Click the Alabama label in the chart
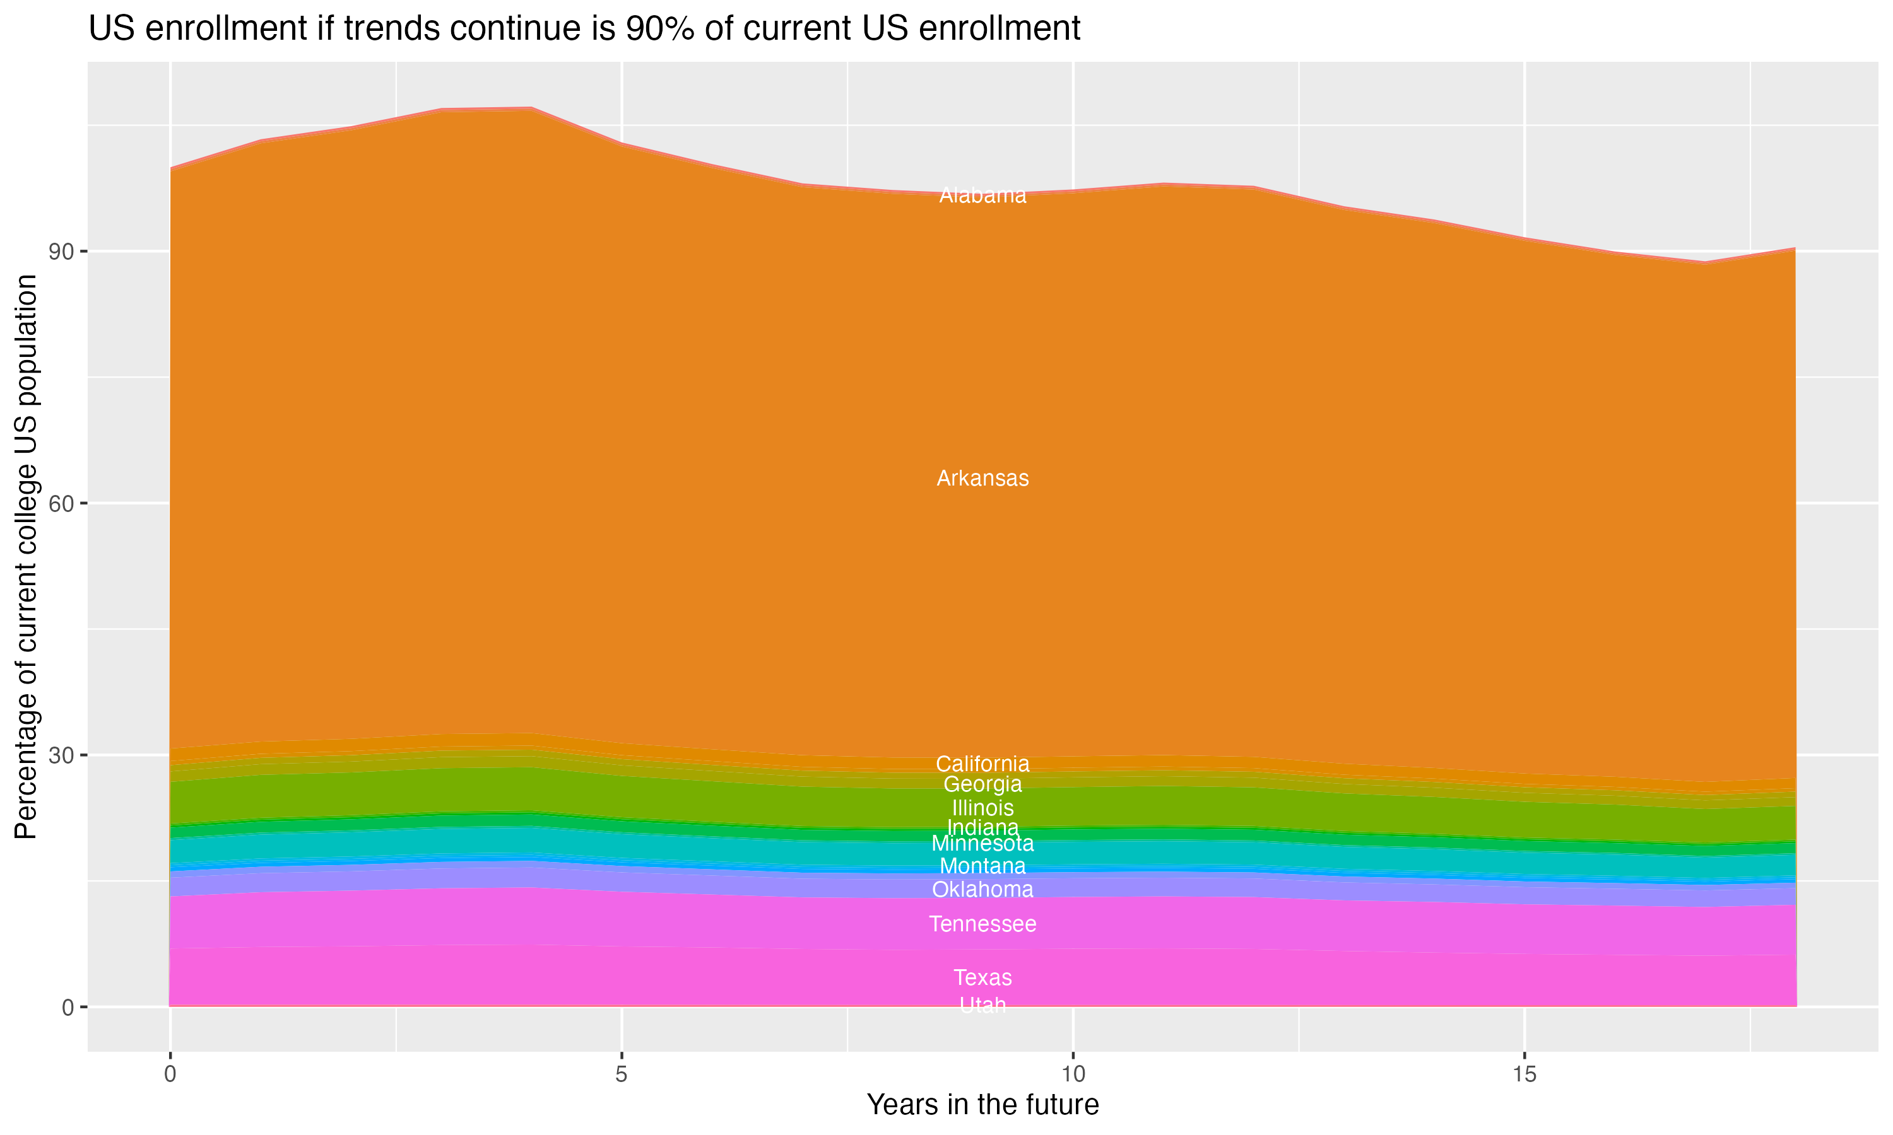point(982,196)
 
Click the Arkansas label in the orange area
point(982,479)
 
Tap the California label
point(982,764)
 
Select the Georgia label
point(982,784)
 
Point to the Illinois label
point(982,808)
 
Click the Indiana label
point(982,827)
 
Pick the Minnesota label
point(982,844)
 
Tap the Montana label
point(982,866)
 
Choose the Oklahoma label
point(982,890)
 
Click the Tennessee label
point(982,924)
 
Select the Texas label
point(982,977)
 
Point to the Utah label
point(982,1005)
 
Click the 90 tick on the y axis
point(61,252)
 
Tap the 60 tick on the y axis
point(61,503)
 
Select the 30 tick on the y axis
point(61,755)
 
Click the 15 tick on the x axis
point(1524,1074)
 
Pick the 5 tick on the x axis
point(622,1074)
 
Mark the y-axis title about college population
point(26,556)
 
